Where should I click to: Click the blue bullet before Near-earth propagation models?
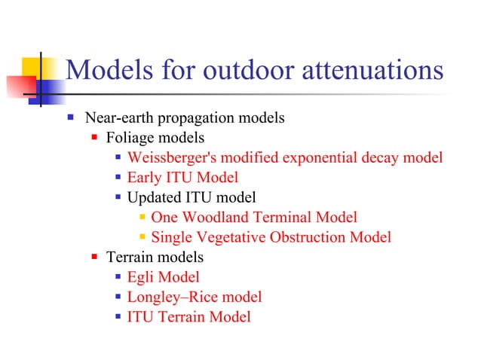click(70, 118)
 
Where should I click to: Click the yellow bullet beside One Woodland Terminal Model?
click(142, 218)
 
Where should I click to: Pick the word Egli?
click(141, 278)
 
